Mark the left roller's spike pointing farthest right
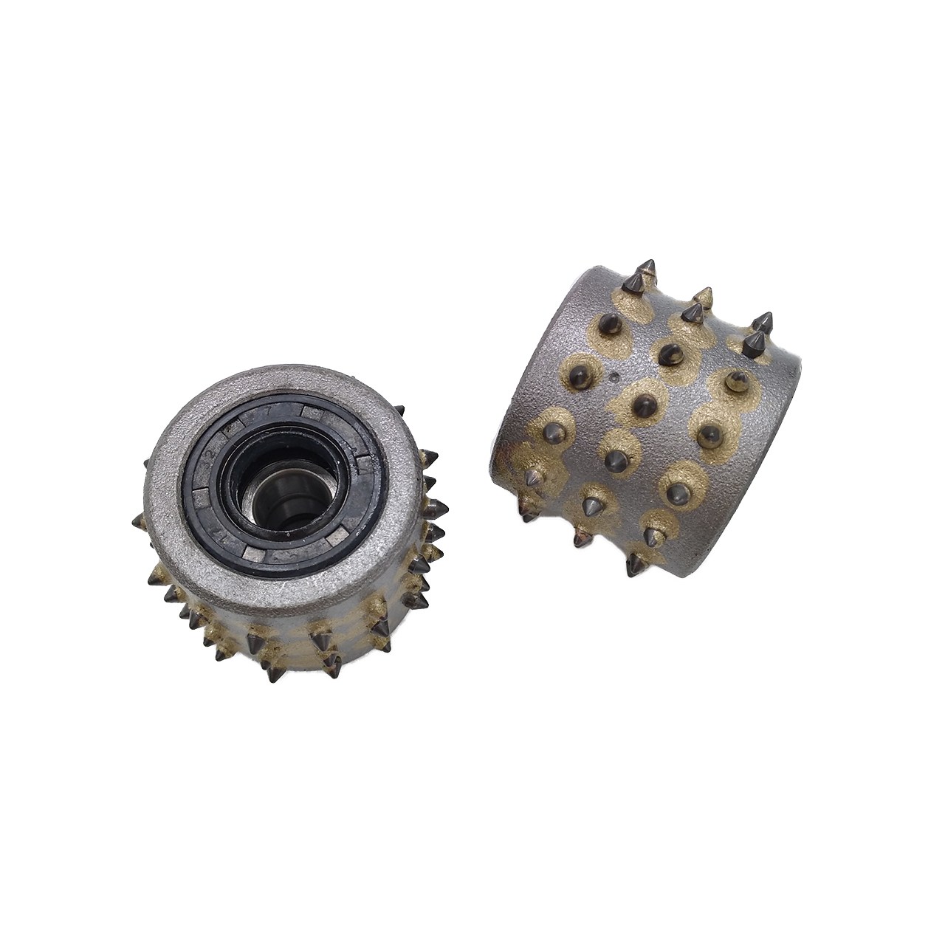click(437, 507)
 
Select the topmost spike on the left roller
click(399, 410)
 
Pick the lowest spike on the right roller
click(633, 567)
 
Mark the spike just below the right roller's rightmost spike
click(755, 343)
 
